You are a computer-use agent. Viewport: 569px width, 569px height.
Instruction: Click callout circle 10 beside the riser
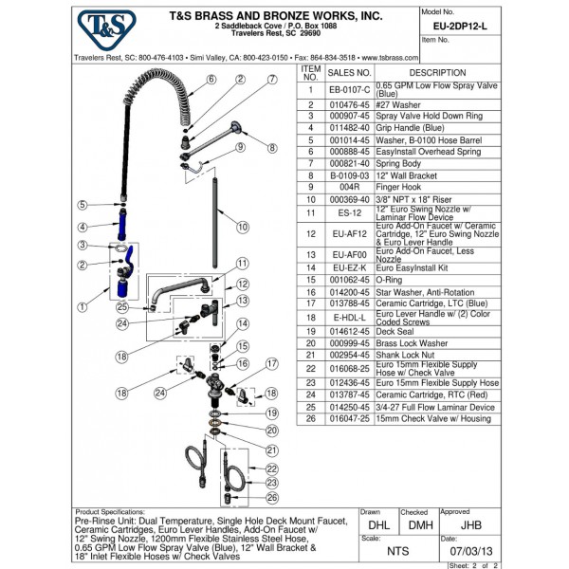tap(243, 227)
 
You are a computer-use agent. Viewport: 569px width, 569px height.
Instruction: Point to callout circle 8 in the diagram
tap(272, 148)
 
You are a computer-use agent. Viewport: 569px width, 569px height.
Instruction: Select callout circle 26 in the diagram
tap(270, 498)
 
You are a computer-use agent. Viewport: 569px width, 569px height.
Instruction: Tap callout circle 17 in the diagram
tap(272, 363)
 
